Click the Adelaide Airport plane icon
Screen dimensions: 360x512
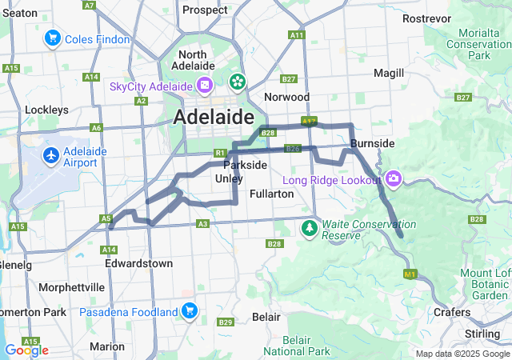click(x=52, y=154)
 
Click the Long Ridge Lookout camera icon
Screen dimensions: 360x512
click(x=394, y=178)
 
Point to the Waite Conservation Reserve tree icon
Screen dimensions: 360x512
click(x=310, y=229)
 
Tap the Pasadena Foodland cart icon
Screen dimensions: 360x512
click(x=190, y=310)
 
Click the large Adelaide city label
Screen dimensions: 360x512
click(x=214, y=117)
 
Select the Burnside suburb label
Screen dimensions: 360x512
click(x=372, y=143)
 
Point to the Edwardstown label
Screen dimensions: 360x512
click(x=138, y=262)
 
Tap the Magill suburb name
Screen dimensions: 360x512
click(x=389, y=73)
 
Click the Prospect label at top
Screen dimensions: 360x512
click(x=206, y=10)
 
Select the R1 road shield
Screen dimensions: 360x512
click(x=220, y=153)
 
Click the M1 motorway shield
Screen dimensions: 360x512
click(x=410, y=274)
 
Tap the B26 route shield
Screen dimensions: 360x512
click(x=292, y=149)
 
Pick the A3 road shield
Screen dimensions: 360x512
click(x=202, y=224)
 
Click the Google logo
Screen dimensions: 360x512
click(x=26, y=350)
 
